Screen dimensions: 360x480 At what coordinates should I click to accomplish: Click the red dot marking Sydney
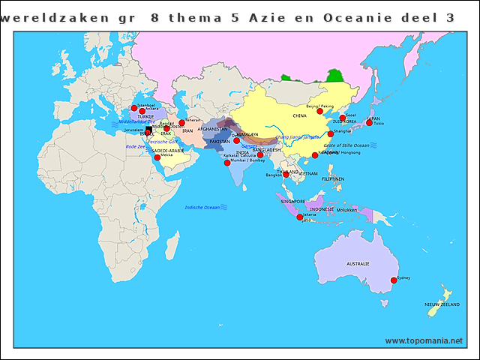point(393,280)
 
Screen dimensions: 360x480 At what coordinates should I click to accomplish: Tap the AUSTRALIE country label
point(357,264)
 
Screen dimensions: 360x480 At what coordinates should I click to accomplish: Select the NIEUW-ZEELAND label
point(441,304)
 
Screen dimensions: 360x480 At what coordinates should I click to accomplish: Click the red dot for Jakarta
point(300,217)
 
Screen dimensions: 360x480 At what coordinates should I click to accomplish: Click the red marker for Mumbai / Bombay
point(227,163)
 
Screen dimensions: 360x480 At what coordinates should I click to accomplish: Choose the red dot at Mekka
point(157,157)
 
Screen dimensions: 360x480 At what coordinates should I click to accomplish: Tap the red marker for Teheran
point(181,123)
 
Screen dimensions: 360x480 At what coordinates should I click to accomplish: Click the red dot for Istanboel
point(134,108)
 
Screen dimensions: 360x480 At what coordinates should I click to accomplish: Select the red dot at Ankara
point(142,112)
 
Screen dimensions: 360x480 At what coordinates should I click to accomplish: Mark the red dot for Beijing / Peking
point(319,111)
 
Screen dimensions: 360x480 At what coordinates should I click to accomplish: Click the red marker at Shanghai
point(330,133)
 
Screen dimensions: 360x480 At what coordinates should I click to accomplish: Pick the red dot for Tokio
point(369,123)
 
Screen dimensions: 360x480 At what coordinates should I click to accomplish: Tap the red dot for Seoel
point(342,118)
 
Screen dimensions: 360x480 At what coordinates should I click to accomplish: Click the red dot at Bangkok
point(286,175)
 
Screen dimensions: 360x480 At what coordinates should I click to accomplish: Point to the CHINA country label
point(300,116)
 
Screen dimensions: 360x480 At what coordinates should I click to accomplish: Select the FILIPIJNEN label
point(332,178)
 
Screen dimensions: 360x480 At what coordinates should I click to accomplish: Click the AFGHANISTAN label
point(212,130)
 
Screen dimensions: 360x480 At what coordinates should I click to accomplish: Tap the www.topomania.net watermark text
point(424,340)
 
